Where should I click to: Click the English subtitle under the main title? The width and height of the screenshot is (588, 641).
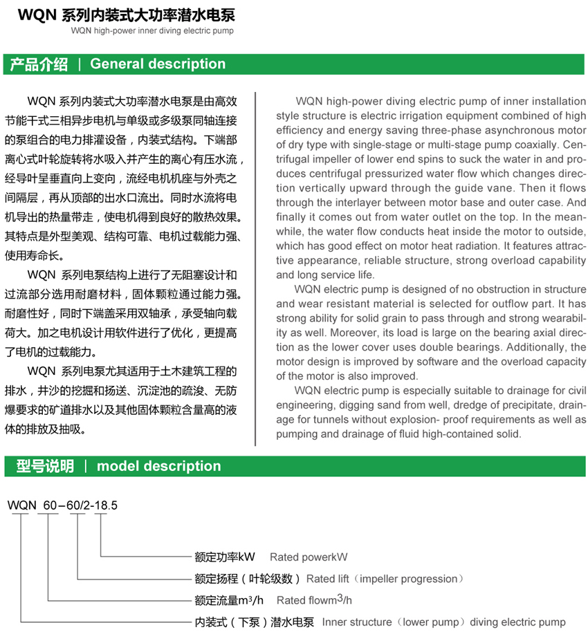152,31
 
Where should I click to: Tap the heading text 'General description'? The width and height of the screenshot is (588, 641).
158,64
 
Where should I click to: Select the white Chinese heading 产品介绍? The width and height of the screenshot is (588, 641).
39,64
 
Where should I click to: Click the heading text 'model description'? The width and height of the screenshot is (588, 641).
159,466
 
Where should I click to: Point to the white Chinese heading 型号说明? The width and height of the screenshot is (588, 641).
45,466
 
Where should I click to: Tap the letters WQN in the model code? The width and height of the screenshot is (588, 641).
21,505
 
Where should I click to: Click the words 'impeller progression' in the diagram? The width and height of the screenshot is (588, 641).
408,579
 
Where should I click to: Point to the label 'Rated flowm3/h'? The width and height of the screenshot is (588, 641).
314,600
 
